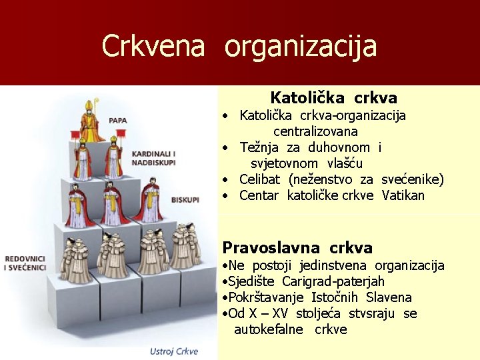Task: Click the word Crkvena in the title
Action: click(x=153, y=46)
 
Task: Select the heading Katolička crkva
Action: click(x=333, y=98)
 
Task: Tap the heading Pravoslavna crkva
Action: click(x=297, y=248)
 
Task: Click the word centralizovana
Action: click(x=315, y=131)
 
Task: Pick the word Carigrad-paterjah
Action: click(x=333, y=282)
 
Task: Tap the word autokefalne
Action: click(x=268, y=329)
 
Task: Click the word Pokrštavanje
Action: click(x=264, y=297)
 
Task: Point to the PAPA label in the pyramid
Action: click(x=118, y=121)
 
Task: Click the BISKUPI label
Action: click(x=185, y=199)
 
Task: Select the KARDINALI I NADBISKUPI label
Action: click(x=153, y=157)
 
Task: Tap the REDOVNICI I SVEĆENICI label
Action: click(x=25, y=263)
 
